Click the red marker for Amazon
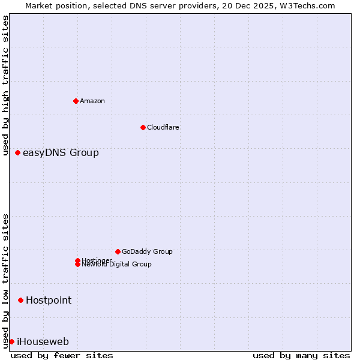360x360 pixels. pos(76,101)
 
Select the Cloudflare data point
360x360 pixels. pos(143,127)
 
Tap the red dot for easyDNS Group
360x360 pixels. pos(18,153)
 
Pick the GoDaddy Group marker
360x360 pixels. pos(118,251)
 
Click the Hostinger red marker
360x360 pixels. pos(77,260)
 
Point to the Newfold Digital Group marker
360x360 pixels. pos(77,265)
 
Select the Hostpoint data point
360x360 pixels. pos(21,300)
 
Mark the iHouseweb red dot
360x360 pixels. pos(11,341)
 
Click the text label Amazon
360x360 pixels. pos(92,101)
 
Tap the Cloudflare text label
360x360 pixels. pos(163,127)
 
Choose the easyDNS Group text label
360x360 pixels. pos(61,153)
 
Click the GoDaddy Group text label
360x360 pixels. pos(147,251)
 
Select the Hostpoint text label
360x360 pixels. pos(49,300)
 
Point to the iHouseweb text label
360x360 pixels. pos(43,342)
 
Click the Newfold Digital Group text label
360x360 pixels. pos(117,265)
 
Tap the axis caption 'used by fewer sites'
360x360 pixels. pos(62,355)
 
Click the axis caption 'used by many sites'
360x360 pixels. pos(301,355)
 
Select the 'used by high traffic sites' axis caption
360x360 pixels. pos(6,85)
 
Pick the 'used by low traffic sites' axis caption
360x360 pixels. pos(6,281)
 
